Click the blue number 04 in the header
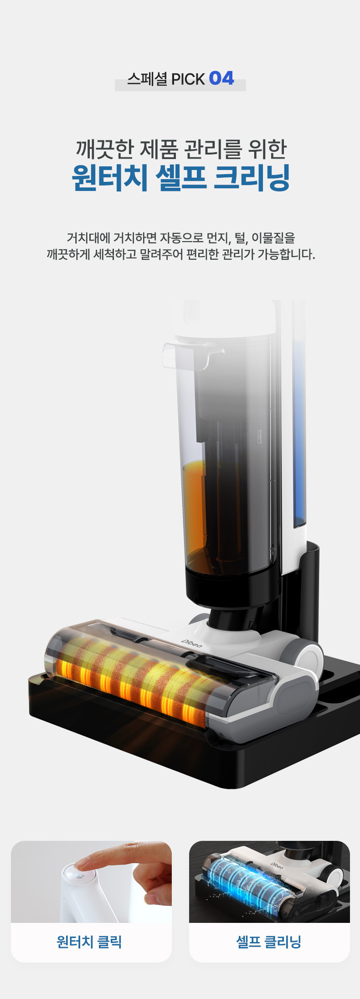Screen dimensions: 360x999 pos(221,78)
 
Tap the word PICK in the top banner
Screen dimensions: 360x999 pos(188,79)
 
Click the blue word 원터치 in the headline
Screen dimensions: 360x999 pos(109,177)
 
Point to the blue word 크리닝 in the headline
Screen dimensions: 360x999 pos(252,177)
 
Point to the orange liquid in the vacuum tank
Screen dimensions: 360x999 pos(195,506)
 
